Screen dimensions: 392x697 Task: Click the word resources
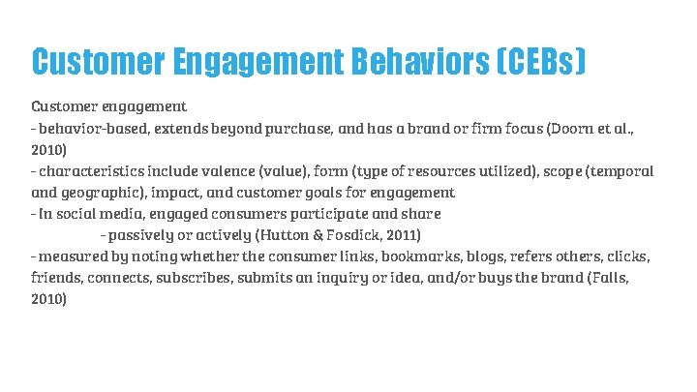(x=446, y=171)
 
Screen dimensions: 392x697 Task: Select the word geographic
(x=104, y=193)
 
